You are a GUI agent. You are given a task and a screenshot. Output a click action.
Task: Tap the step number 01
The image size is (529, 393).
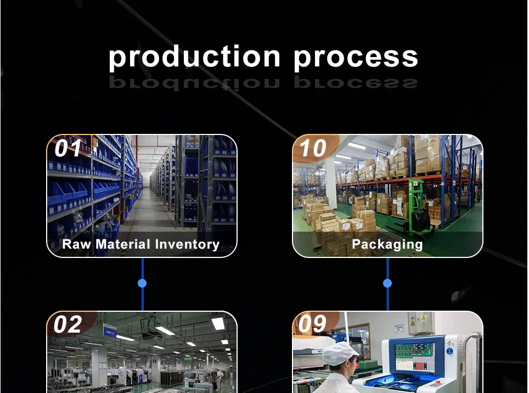pos(68,148)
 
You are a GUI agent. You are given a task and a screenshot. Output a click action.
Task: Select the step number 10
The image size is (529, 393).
pos(313,148)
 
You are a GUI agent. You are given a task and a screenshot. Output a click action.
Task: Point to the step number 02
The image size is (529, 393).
pos(68,324)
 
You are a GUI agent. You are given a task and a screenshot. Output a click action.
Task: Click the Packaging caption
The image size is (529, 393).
pos(387,244)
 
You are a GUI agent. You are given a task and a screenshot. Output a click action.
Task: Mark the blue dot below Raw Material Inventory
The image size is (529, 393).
pos(142,283)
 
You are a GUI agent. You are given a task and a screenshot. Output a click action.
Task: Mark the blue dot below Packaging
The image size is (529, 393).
pos(387,283)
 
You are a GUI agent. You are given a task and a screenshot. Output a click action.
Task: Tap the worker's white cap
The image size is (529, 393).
pos(339,352)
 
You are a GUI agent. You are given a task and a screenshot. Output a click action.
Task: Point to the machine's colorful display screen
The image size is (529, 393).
pos(415,357)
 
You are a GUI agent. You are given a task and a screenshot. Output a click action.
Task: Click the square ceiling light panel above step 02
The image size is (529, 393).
pos(218,323)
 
